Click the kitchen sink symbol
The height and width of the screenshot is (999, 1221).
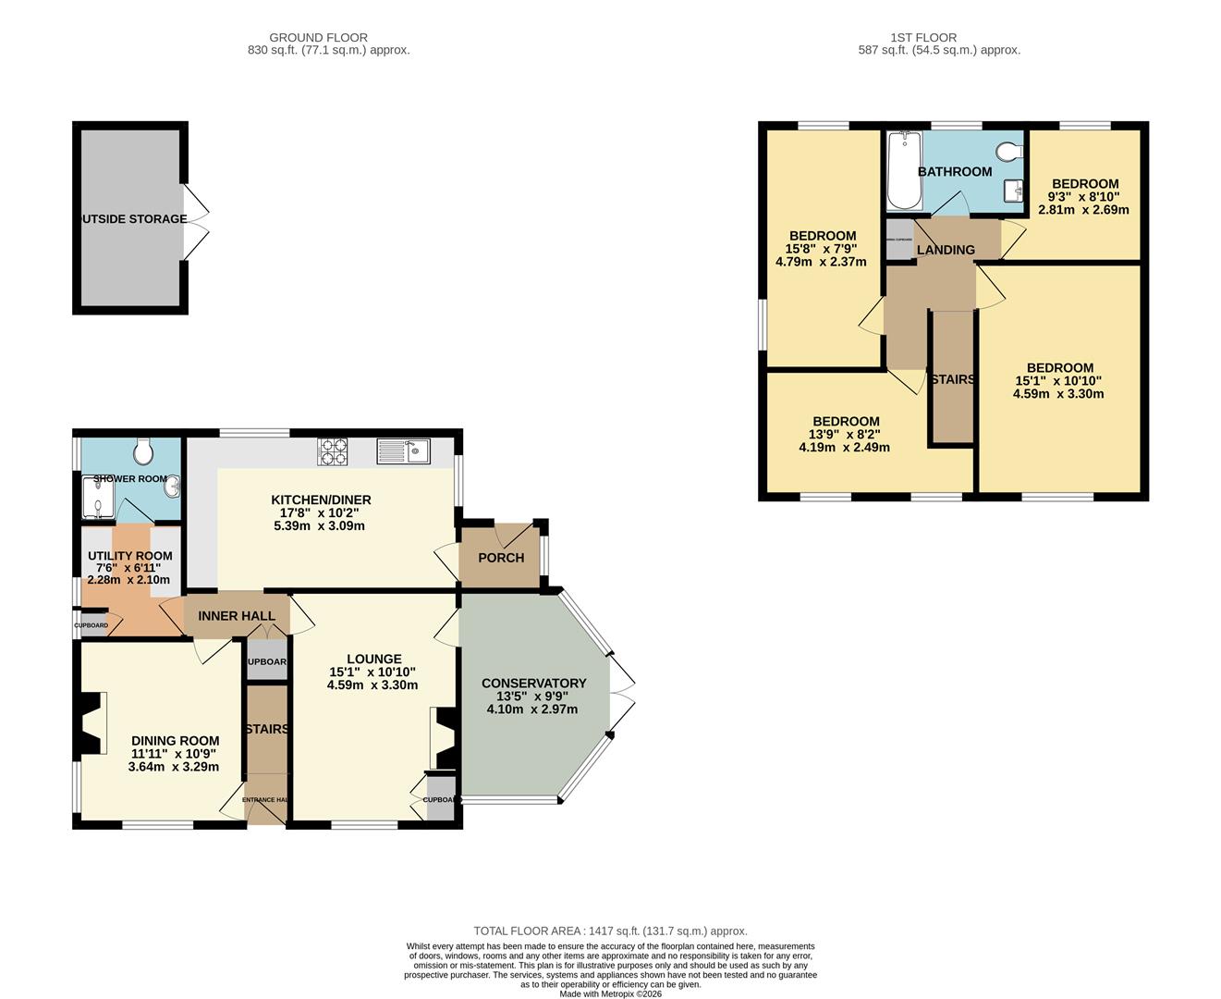404,451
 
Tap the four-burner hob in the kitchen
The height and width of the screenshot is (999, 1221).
333,451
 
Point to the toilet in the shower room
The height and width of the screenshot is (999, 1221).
143,451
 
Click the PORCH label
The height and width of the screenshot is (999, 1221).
501,558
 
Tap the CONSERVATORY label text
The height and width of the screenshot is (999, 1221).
533,684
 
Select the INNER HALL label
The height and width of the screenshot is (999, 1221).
236,616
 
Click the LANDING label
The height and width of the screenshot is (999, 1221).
945,250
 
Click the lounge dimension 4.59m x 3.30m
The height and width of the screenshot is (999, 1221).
372,685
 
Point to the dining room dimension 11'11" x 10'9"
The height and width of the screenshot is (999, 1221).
175,754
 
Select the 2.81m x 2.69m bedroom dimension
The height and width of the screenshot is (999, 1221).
1083,210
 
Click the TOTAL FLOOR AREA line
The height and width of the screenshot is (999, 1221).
610,931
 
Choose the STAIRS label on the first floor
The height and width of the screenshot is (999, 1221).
952,380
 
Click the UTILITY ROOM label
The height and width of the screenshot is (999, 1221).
129,556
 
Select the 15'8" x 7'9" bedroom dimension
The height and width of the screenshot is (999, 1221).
821,249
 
